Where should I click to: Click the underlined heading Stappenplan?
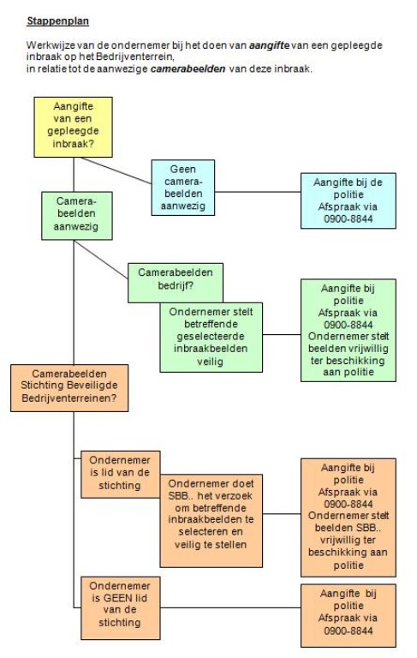58,21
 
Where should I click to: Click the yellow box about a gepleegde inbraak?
73,127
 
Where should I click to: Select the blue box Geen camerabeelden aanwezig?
183,188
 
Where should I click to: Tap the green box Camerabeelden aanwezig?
77,216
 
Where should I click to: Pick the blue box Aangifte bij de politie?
348,200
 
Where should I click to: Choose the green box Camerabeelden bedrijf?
176,279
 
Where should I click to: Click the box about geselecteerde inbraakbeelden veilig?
211,337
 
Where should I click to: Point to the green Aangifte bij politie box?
348,330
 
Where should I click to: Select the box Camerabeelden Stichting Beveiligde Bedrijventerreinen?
69,388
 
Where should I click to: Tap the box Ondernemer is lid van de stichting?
121,474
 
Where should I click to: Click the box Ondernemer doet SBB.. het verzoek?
211,521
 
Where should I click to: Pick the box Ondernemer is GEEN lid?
121,608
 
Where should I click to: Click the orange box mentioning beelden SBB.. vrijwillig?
348,517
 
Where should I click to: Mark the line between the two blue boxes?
258,192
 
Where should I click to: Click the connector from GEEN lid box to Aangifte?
230,607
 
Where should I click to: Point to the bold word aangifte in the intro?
270,45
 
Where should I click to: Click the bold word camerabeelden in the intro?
188,69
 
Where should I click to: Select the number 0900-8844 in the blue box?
348,218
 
